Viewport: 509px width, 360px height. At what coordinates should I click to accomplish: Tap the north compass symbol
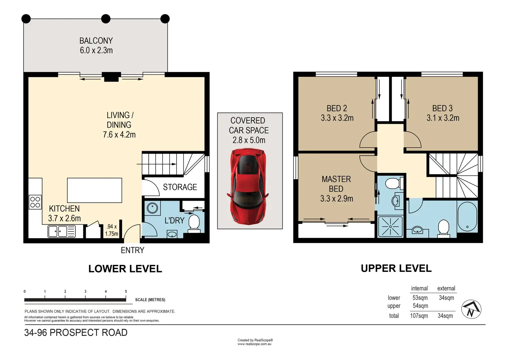[x=471, y=309]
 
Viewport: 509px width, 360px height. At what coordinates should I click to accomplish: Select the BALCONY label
[x=96, y=41]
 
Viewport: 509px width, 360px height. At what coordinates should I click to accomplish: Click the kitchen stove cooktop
[x=35, y=202]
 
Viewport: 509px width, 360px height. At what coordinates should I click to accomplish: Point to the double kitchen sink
[x=61, y=232]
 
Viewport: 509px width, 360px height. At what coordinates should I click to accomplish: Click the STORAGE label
[x=180, y=187]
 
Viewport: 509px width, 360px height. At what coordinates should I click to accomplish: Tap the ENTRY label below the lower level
[x=132, y=250]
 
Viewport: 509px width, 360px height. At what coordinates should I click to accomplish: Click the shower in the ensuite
[x=390, y=227]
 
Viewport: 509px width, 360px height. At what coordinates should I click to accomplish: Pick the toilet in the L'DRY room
[x=194, y=224]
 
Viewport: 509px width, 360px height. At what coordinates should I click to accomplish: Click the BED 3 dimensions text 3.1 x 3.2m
[x=443, y=118]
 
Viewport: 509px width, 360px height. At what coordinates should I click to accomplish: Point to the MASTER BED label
[x=336, y=184]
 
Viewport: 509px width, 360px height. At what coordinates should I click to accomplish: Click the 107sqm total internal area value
[x=419, y=316]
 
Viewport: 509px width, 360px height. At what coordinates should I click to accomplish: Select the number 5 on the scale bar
[x=126, y=292]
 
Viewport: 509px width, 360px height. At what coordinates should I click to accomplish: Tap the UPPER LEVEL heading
[x=396, y=268]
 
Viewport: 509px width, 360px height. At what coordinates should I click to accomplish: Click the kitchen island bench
[x=94, y=190]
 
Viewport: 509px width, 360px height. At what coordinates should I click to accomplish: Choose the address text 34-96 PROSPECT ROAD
[x=76, y=332]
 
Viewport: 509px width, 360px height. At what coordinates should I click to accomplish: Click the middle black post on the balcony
[x=106, y=19]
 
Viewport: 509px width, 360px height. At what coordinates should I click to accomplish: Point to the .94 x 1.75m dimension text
[x=112, y=230]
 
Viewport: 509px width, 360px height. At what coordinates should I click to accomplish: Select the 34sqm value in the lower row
[x=446, y=298]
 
